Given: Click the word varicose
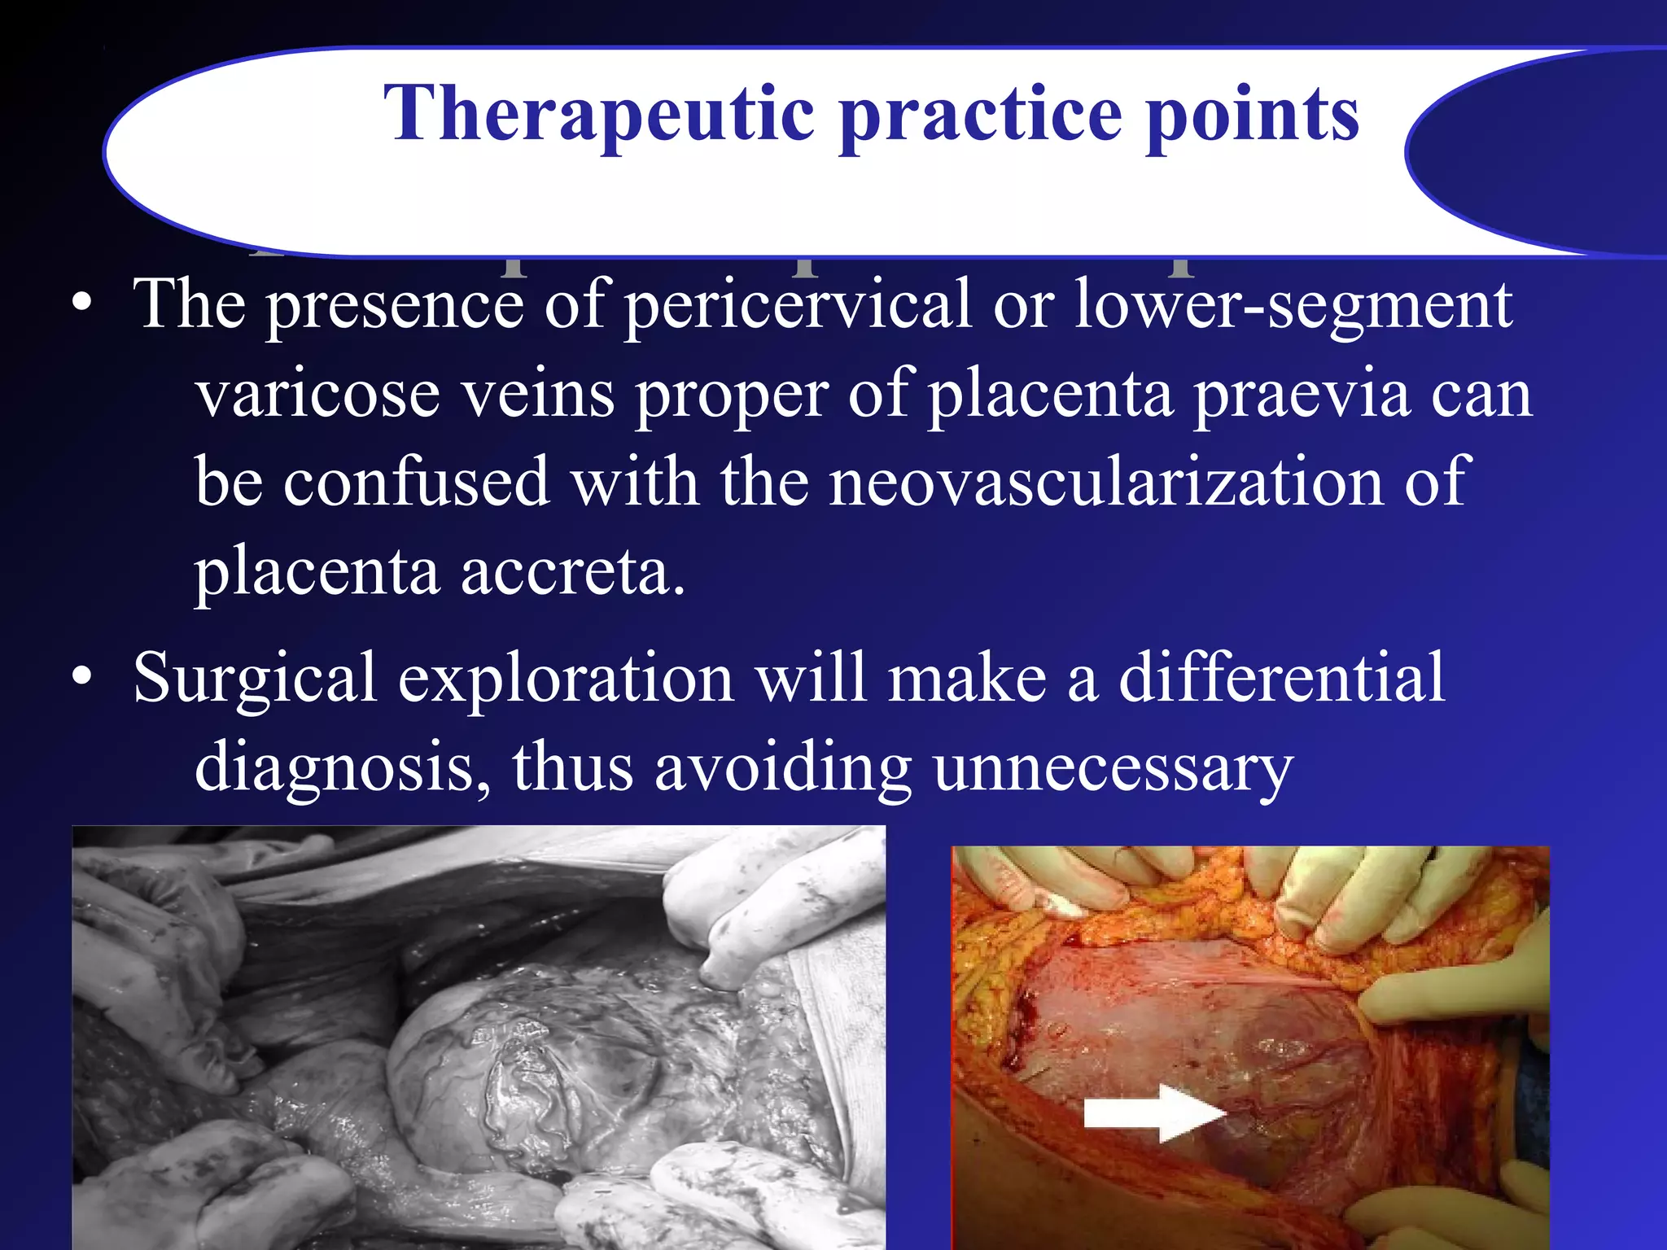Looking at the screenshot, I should (x=318, y=394).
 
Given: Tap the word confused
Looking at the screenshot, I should (x=416, y=482).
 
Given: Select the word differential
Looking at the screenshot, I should (x=1281, y=677).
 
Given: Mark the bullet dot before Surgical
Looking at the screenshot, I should (x=81, y=677).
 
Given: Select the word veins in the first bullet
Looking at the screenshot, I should (x=538, y=394).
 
